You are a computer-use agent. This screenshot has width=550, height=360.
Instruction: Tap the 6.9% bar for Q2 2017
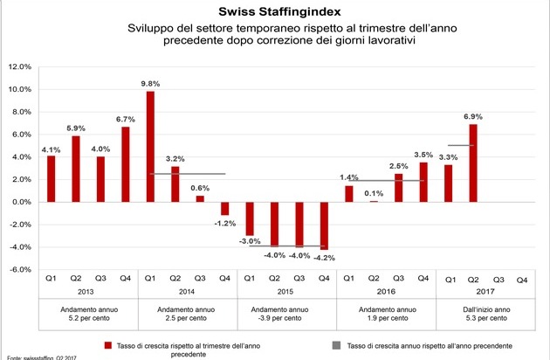click(x=473, y=163)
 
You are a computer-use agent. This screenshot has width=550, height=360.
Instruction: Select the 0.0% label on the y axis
click(x=21, y=202)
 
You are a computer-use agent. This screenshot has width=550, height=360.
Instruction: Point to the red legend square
click(x=108, y=343)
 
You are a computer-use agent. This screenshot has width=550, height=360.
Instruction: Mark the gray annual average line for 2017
click(x=460, y=145)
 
